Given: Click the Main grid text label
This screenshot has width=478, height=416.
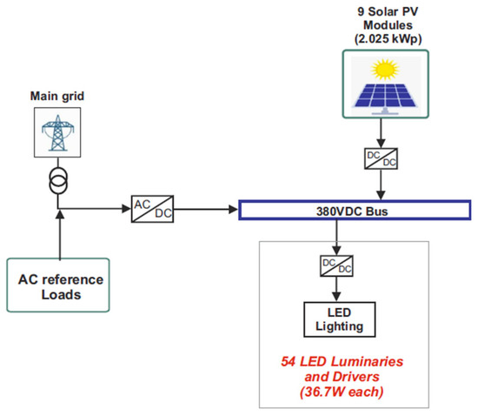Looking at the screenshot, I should (59, 97).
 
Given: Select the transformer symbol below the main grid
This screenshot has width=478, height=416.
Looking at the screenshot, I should (59, 185).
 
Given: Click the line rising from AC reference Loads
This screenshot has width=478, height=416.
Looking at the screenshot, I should (59, 235).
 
